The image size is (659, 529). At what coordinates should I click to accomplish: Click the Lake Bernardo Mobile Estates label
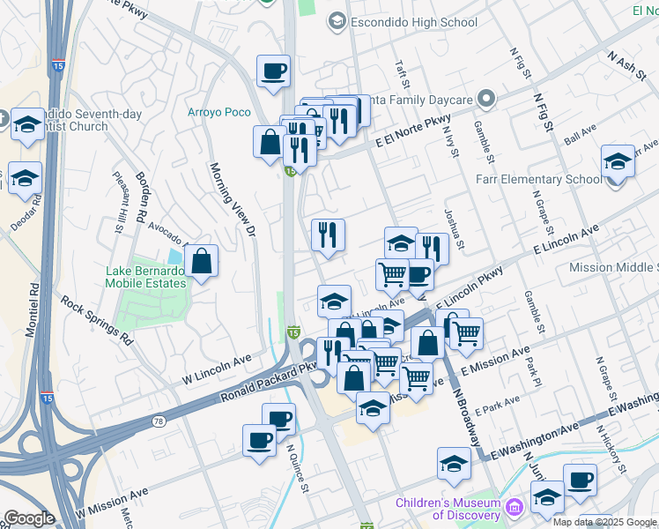click(x=145, y=277)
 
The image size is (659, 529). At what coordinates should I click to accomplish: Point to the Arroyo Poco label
click(x=219, y=112)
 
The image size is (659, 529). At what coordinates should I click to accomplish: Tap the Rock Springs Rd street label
click(x=97, y=319)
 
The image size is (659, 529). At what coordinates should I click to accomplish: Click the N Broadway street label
click(x=466, y=411)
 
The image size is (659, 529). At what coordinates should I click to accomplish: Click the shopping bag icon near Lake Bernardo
click(x=202, y=260)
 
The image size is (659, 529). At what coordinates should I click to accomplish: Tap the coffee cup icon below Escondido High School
click(x=273, y=70)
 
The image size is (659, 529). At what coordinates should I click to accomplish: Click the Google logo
click(x=29, y=518)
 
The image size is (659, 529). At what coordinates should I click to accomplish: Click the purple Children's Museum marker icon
click(x=515, y=507)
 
